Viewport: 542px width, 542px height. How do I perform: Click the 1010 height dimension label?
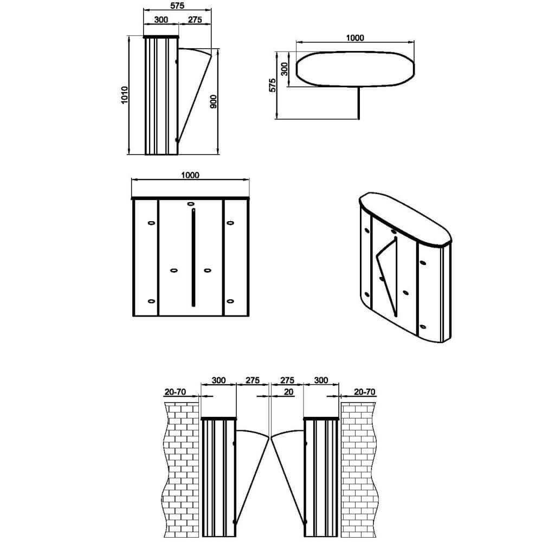coord(125,95)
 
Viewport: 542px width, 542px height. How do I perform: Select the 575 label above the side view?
coord(177,5)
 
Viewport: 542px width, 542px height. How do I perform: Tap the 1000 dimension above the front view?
coord(190,175)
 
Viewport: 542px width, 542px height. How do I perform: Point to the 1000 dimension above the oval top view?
coord(355,38)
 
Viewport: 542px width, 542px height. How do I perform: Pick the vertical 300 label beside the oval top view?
coord(284,69)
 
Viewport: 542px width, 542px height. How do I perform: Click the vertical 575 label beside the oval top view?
coord(273,86)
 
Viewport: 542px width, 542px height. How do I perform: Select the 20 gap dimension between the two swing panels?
coord(288,392)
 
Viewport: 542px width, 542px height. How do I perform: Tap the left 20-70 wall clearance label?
coord(175,392)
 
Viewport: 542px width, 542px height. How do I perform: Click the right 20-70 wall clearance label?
coord(364,392)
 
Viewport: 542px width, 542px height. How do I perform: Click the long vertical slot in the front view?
coord(193,257)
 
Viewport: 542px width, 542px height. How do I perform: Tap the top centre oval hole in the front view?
coord(190,204)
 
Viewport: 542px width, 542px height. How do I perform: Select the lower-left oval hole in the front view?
coord(151,301)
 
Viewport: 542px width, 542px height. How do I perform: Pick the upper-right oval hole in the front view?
coord(230,223)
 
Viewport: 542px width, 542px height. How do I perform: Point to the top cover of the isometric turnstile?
coord(405,218)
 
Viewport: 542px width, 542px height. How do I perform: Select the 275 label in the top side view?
coord(195,20)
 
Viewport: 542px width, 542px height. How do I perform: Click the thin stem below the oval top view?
coord(358,102)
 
